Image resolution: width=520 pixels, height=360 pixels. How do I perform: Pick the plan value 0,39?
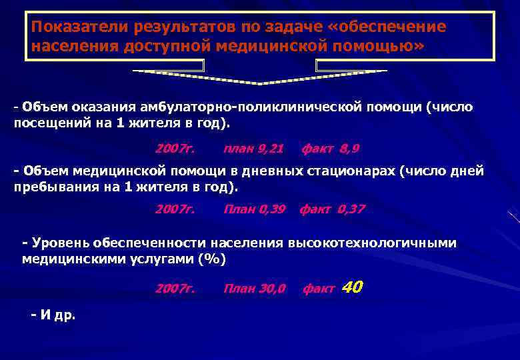pyautogui.click(x=271, y=209)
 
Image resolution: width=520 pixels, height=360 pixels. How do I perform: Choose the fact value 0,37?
pyautogui.click(x=351, y=209)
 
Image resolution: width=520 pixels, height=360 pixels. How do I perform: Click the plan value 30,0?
pyautogui.click(x=271, y=289)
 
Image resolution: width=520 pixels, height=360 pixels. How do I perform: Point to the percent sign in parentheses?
pyautogui.click(x=212, y=260)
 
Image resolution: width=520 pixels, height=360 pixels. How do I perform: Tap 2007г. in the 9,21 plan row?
pyautogui.click(x=175, y=148)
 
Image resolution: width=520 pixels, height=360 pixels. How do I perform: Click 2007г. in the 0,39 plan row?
pyautogui.click(x=175, y=209)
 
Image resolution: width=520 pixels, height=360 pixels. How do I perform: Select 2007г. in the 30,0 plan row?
pyautogui.click(x=175, y=289)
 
